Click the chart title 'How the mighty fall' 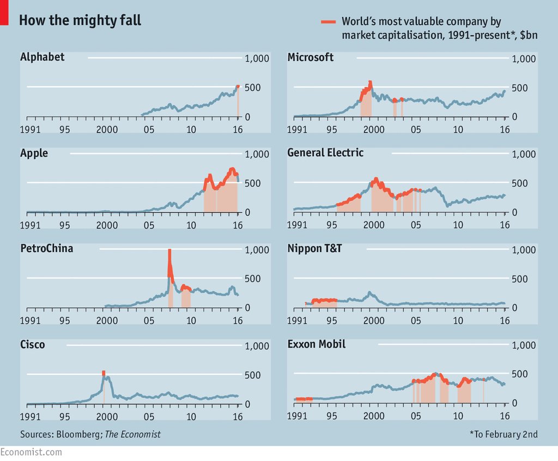tap(80, 21)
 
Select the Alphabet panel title tap(42, 57)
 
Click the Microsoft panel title tap(311, 57)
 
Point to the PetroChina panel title tap(46, 249)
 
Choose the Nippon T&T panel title tap(314, 249)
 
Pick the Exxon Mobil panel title tap(316, 344)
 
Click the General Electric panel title tap(325, 153)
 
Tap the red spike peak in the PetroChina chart tap(169, 251)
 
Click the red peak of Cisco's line tap(104, 373)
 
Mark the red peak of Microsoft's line tap(370, 83)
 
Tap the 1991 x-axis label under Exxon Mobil tap(298, 417)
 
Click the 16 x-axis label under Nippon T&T tap(505, 321)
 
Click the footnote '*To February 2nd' tap(504, 434)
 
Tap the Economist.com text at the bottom tap(31, 452)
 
